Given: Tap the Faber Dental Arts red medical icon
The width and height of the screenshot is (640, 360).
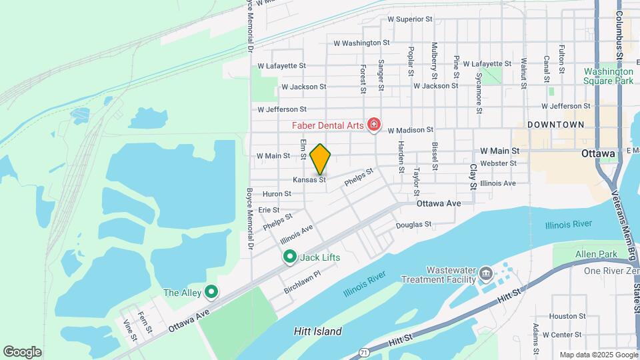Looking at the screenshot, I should (x=374, y=125).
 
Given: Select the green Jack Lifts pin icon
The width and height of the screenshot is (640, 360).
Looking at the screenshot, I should (x=290, y=257).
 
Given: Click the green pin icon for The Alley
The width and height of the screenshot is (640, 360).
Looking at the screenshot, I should (x=211, y=291).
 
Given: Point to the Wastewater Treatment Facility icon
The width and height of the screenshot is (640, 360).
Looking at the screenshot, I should (x=485, y=273).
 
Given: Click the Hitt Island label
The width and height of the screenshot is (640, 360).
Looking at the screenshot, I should (x=317, y=331).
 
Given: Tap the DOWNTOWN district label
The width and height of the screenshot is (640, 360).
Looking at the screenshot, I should (x=555, y=125).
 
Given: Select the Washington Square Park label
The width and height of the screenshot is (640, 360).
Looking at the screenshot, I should (x=607, y=76).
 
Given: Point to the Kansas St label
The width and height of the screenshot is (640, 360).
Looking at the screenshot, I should (x=309, y=180).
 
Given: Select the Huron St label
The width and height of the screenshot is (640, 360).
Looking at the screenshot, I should (x=277, y=194).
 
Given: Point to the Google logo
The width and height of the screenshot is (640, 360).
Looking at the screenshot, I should (x=22, y=352).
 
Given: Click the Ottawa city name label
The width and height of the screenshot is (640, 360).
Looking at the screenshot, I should (x=597, y=153).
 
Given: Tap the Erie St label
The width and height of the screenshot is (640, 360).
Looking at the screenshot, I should (x=269, y=209).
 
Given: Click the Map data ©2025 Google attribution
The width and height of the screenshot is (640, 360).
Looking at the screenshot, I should (x=598, y=355).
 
